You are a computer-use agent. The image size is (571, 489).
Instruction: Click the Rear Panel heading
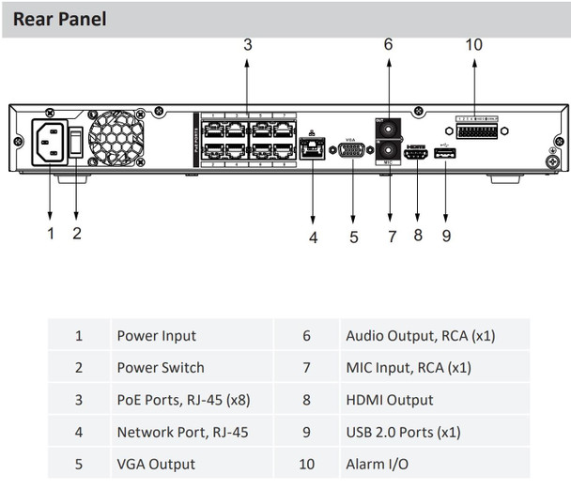(x=59, y=18)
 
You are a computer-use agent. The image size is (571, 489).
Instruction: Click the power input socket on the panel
(x=49, y=143)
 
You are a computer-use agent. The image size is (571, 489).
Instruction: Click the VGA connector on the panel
(x=352, y=150)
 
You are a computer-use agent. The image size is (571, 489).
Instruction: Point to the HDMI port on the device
(x=417, y=154)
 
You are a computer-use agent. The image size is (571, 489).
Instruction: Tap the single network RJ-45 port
(x=313, y=149)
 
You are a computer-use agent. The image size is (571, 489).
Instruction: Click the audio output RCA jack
(x=386, y=127)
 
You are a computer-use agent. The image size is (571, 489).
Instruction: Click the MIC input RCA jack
(x=386, y=150)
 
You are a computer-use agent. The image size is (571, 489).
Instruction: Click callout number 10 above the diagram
(x=472, y=44)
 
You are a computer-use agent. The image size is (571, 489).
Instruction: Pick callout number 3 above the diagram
(x=247, y=44)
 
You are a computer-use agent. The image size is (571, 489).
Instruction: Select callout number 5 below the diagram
(x=353, y=237)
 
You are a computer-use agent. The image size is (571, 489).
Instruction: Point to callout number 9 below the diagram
(x=445, y=236)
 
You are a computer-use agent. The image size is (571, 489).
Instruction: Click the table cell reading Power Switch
(x=160, y=368)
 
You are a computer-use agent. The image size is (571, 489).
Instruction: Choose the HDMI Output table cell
(x=389, y=400)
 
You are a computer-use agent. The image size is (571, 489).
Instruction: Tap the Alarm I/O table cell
(x=376, y=464)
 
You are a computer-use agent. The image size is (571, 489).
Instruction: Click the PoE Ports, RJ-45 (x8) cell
(x=183, y=400)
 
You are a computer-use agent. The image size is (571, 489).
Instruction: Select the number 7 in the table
(x=306, y=368)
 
